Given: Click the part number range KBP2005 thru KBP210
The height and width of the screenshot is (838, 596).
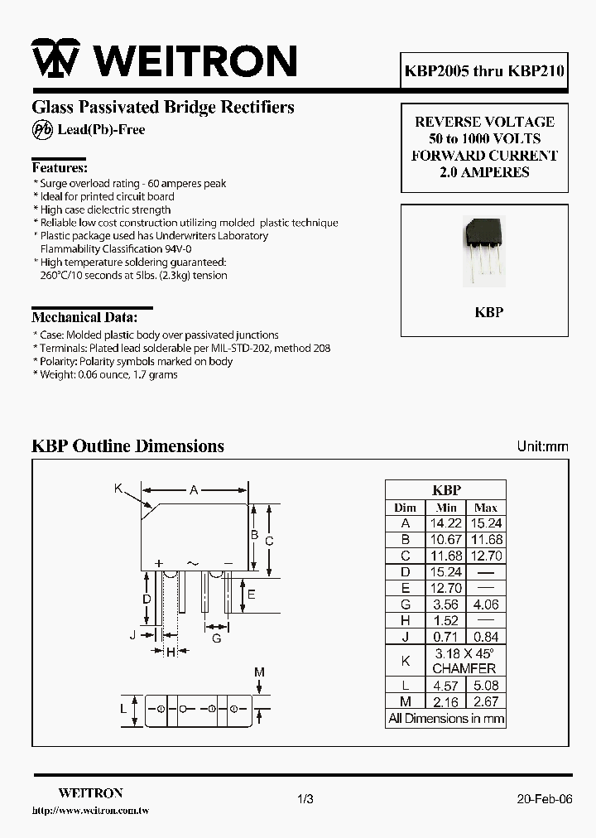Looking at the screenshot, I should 485,71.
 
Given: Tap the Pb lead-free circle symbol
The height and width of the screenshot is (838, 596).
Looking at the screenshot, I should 42,130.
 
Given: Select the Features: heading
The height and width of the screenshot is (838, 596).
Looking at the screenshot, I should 60,167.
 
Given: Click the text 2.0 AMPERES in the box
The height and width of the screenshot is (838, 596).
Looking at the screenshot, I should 484,172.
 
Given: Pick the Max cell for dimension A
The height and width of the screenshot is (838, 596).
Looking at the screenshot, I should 486,523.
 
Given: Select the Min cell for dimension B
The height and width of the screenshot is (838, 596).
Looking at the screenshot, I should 446,540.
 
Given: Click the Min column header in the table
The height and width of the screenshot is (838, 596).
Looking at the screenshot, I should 446,507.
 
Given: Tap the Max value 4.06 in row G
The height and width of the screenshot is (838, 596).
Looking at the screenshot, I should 486,604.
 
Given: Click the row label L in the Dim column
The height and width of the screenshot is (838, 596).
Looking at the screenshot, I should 406,686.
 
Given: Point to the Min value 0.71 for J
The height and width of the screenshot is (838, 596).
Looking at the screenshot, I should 446,637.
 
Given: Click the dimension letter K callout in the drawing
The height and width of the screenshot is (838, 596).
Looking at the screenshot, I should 118,489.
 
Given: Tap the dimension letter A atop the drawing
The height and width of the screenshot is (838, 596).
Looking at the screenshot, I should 195,490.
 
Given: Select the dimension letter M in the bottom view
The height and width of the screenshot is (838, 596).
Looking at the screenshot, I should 259,672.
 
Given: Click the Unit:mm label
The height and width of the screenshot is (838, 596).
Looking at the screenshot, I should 543,446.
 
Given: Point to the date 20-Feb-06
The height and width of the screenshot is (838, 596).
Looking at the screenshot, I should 544,799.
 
